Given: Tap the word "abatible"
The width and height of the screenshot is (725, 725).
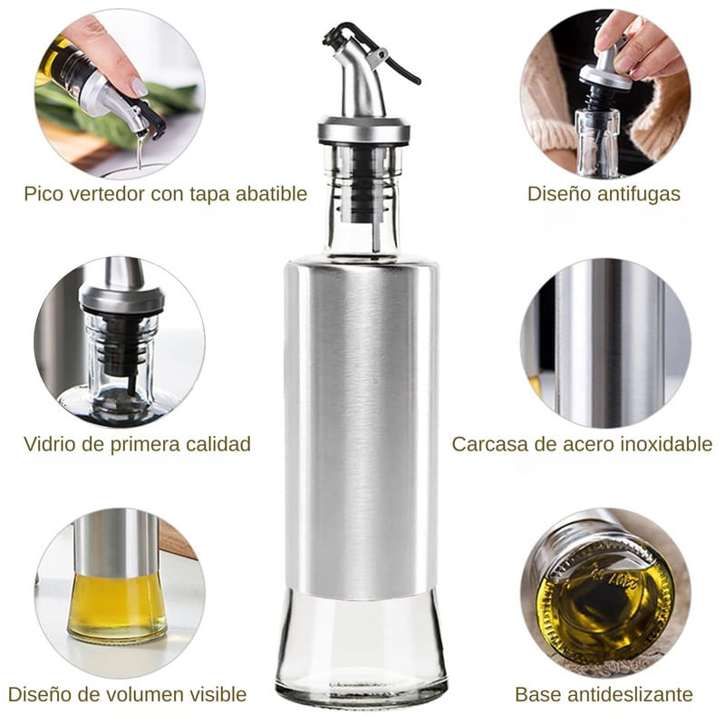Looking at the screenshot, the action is tap(271, 194).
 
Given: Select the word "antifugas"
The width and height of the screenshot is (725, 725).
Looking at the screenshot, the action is tap(642, 194).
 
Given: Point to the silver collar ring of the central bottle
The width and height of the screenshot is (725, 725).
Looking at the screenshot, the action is tap(364, 130).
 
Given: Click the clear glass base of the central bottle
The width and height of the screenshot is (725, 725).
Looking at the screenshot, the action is tap(361, 647).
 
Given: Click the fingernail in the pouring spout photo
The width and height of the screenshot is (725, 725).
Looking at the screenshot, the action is tap(139, 87).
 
